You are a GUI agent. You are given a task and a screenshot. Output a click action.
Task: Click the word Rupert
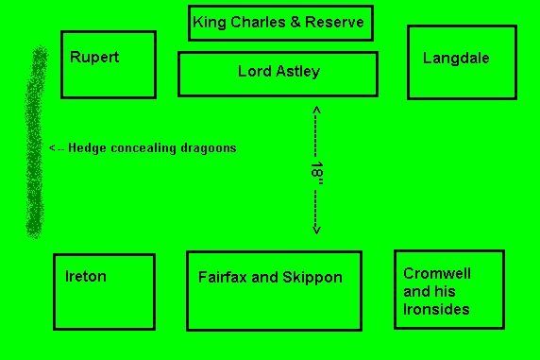94,58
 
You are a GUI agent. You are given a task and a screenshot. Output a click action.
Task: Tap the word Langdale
456,59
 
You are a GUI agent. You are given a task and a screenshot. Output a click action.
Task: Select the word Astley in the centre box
298,72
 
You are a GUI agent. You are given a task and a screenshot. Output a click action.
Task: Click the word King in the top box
210,23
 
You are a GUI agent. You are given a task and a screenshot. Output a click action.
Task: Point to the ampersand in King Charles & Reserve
295,22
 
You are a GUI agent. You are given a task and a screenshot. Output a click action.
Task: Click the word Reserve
334,22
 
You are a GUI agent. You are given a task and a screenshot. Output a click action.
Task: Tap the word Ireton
86,277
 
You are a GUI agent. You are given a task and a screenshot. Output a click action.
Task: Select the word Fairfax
223,277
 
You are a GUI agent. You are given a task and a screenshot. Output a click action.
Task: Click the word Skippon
312,278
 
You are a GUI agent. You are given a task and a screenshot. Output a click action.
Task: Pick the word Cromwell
437,273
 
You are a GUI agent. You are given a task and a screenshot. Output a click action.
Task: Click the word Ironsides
436,309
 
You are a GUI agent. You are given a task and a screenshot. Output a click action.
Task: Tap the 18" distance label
317,173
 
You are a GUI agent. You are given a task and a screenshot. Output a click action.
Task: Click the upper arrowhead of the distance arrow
317,110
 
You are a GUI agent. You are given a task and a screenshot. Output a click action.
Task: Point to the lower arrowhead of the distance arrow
316,231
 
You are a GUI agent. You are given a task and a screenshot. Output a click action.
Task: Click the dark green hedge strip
35,143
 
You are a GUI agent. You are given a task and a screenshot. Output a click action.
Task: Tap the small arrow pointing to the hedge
57,148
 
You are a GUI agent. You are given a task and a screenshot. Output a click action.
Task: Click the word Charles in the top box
258,22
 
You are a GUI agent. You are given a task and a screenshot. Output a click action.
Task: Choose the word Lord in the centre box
255,72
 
